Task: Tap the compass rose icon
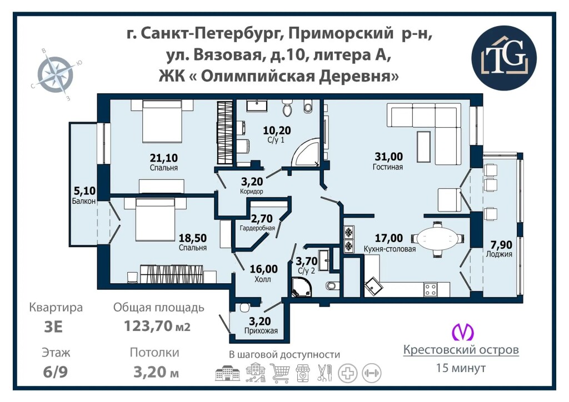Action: click(x=56, y=74)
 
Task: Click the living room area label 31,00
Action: click(x=388, y=157)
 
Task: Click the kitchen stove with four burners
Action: click(x=431, y=289)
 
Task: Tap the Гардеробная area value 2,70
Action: click(x=262, y=219)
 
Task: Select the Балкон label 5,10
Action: click(x=84, y=190)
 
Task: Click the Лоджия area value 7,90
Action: click(x=499, y=244)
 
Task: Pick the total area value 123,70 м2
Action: click(x=157, y=325)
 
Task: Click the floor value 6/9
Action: click(x=55, y=372)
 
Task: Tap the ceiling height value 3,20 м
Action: click(x=156, y=372)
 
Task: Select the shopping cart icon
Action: click(x=279, y=373)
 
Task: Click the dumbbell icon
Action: click(x=371, y=373)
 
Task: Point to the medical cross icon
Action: click(x=348, y=373)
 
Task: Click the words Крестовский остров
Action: click(x=461, y=350)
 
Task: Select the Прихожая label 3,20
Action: click(x=260, y=321)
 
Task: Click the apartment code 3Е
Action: click(x=53, y=326)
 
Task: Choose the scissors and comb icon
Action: click(x=325, y=373)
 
